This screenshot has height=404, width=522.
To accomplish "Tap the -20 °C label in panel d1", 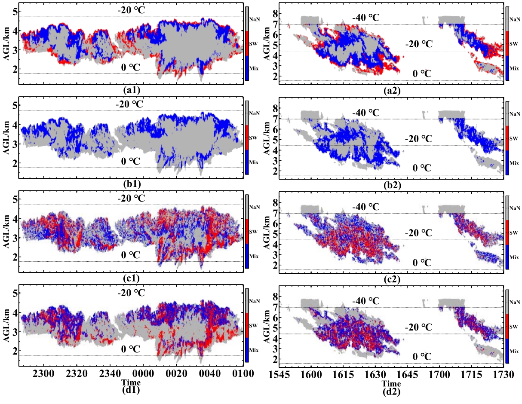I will (x=130, y=293).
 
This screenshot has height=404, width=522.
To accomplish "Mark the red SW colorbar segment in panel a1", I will (x=246, y=43).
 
